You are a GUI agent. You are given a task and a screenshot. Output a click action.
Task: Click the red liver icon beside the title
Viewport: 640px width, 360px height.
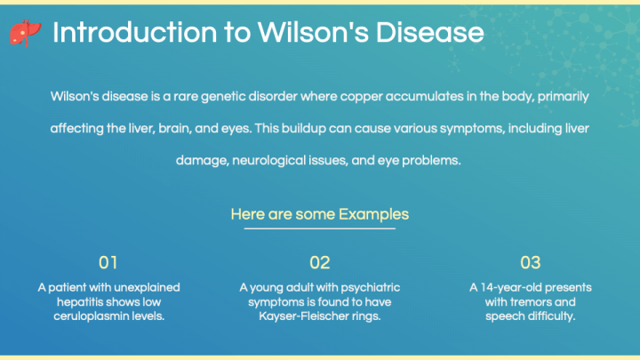pyautogui.click(x=25, y=33)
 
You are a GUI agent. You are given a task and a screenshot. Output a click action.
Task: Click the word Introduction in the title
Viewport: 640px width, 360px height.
pyautogui.click(x=135, y=32)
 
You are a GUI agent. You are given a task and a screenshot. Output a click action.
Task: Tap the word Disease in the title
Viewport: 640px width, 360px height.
pyautogui.click(x=429, y=32)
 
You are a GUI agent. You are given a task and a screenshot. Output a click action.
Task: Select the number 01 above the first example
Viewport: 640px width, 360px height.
pyautogui.click(x=108, y=262)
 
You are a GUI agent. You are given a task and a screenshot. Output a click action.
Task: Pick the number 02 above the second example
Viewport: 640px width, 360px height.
pyautogui.click(x=320, y=262)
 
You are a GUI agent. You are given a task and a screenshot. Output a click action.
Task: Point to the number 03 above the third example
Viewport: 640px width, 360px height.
pyautogui.click(x=530, y=262)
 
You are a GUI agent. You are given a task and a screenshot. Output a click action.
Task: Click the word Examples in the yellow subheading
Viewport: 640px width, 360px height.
pyautogui.click(x=373, y=214)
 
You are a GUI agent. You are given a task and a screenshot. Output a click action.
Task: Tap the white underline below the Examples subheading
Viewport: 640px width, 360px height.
pyautogui.click(x=320, y=228)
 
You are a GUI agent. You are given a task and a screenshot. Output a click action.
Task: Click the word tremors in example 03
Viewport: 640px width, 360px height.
pyautogui.click(x=530, y=302)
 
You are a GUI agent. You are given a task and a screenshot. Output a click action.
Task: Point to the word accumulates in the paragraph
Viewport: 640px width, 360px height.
pyautogui.click(x=425, y=97)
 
